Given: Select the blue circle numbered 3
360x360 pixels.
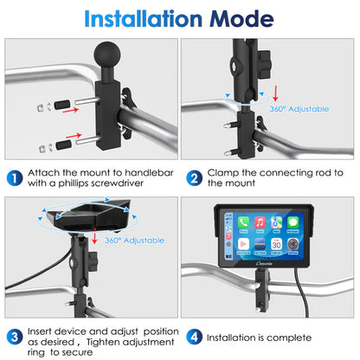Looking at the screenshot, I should (x=15, y=335).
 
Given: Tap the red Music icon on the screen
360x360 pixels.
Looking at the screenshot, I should (x=260, y=222).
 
